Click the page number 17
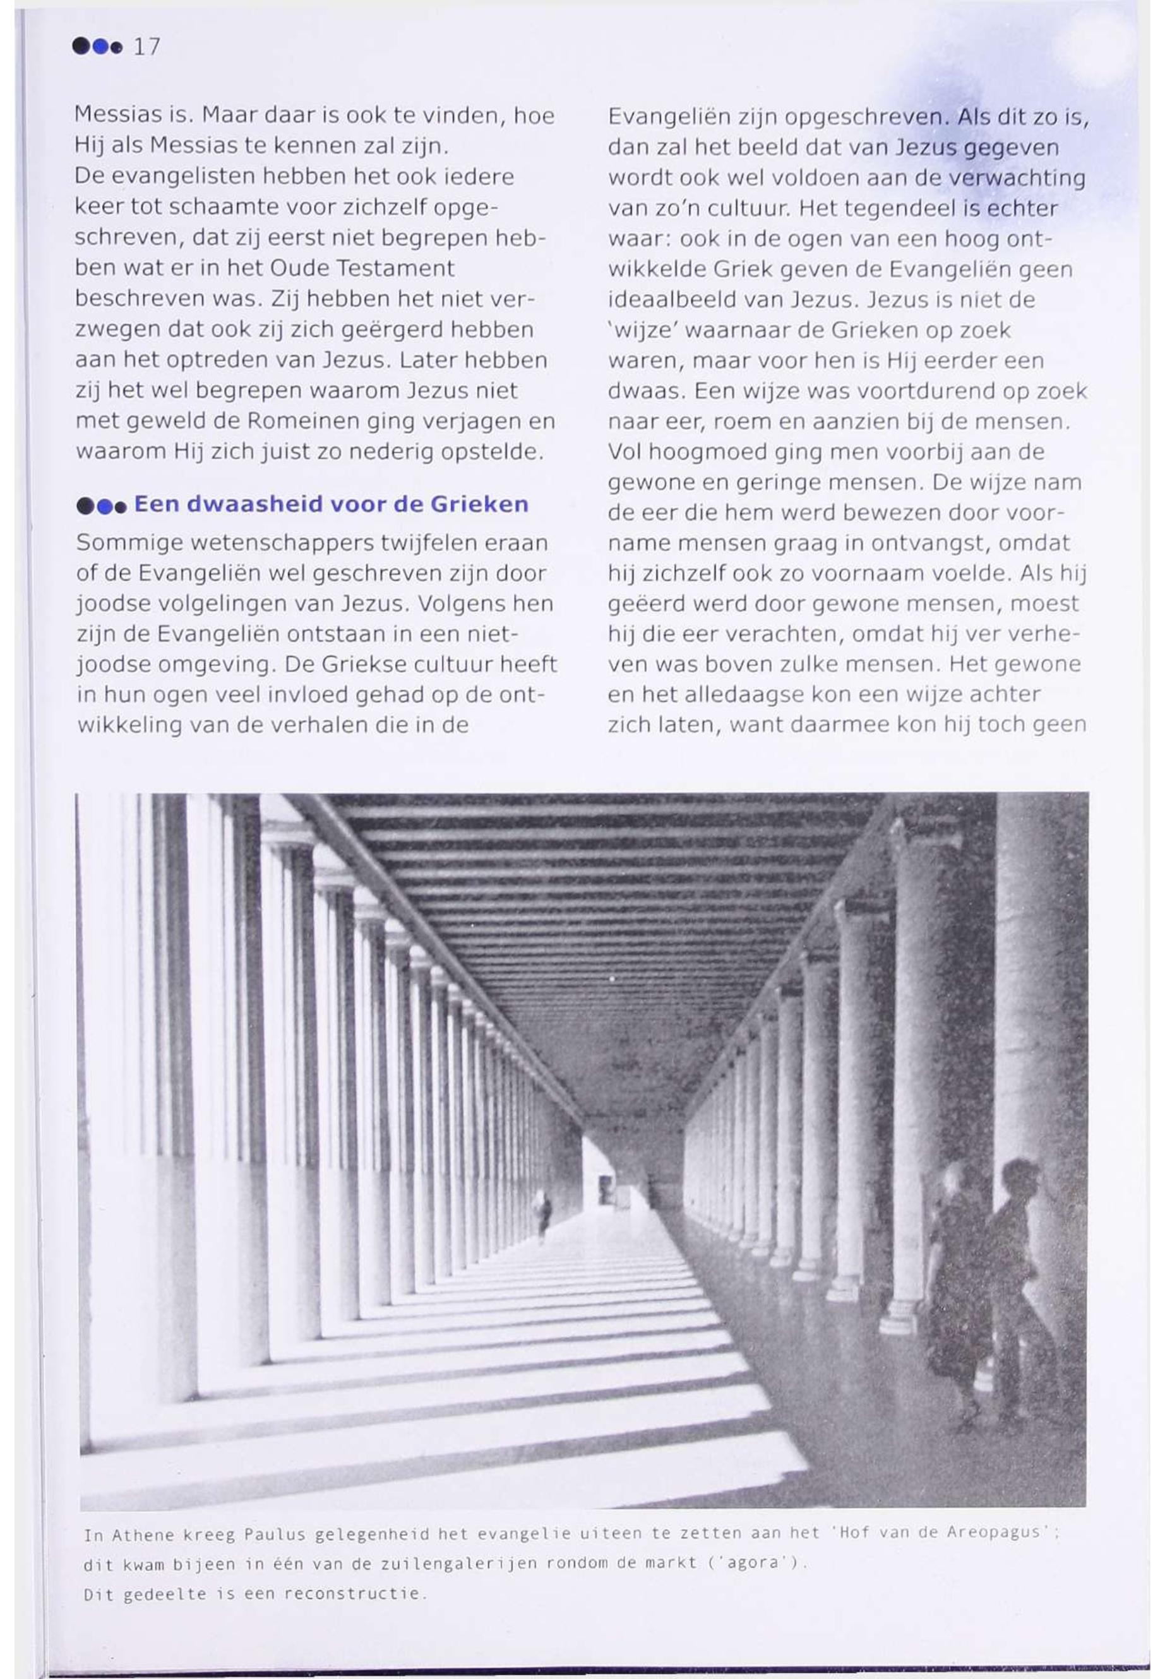click(146, 47)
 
